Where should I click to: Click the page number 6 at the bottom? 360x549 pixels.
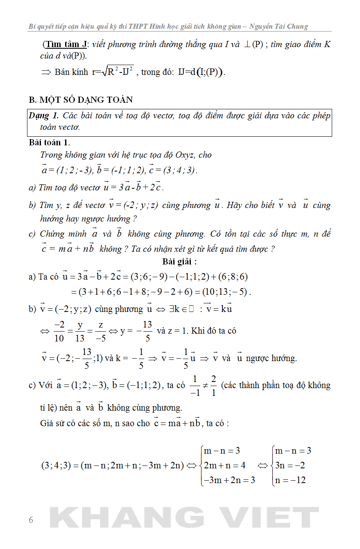[31, 520]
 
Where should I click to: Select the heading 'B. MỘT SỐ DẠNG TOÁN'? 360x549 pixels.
[81, 100]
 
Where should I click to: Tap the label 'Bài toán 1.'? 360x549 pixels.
[50, 142]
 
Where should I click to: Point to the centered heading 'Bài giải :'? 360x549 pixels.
[179, 262]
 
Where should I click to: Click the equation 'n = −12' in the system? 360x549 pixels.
[290, 480]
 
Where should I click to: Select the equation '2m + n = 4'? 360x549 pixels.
[224, 465]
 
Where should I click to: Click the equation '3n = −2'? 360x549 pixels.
[290, 465]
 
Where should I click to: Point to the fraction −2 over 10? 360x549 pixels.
[59, 331]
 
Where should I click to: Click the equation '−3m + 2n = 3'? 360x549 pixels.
[229, 480]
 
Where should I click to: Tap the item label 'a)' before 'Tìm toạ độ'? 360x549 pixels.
[32, 188]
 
